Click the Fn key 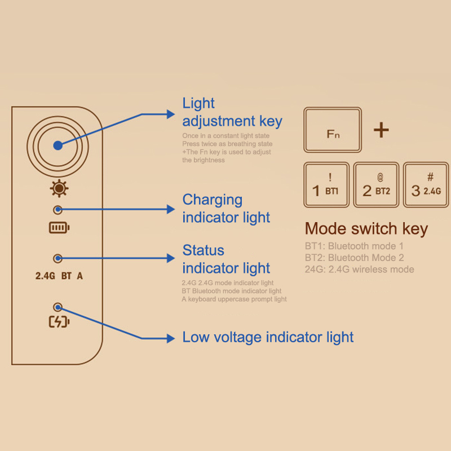(x=333, y=130)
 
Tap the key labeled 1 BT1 (x=326, y=184)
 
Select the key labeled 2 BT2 (x=376, y=184)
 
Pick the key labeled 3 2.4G (x=426, y=184)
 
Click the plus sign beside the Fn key (x=381, y=130)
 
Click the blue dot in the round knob (x=58, y=145)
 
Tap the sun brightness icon (x=58, y=188)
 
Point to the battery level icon (x=59, y=228)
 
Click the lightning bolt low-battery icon (x=59, y=322)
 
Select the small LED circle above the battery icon (x=57, y=210)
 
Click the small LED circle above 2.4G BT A (x=57, y=258)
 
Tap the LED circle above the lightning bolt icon (x=57, y=307)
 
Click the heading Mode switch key (x=366, y=229)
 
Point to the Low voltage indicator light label (x=268, y=337)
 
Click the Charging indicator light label (x=226, y=208)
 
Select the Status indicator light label (x=226, y=259)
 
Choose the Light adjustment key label (x=232, y=112)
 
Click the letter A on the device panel (x=80, y=276)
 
